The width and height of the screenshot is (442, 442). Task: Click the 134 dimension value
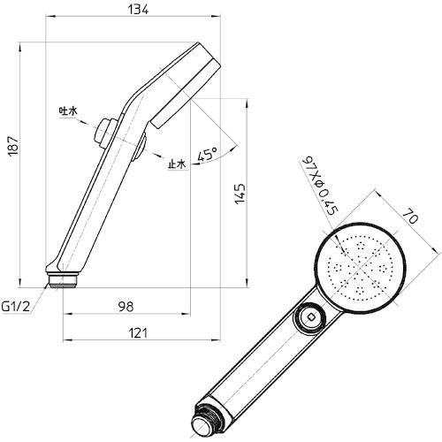[138, 10]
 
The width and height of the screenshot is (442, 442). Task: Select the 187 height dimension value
[13, 146]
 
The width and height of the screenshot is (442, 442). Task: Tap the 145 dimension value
[240, 194]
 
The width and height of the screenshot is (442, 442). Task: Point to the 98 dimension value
[126, 307]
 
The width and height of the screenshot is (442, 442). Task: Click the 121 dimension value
[138, 333]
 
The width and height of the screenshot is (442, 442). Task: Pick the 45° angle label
[208, 155]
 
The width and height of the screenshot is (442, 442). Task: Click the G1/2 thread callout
[16, 307]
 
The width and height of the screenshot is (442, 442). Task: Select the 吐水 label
[68, 111]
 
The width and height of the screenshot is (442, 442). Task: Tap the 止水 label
[177, 164]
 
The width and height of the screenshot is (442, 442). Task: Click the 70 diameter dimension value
[410, 216]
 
